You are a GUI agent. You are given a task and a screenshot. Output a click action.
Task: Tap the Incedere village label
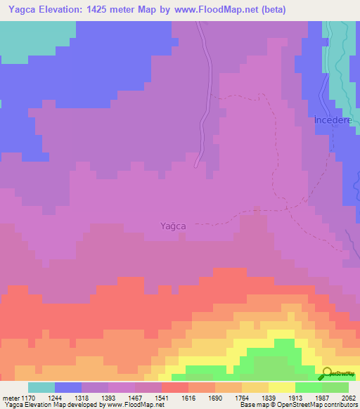coord(333,120)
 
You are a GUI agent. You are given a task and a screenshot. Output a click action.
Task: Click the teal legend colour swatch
coord(41,387)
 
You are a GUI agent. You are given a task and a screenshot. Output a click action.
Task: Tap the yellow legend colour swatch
coord(282,387)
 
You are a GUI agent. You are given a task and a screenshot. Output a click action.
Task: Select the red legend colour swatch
coord(175,387)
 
